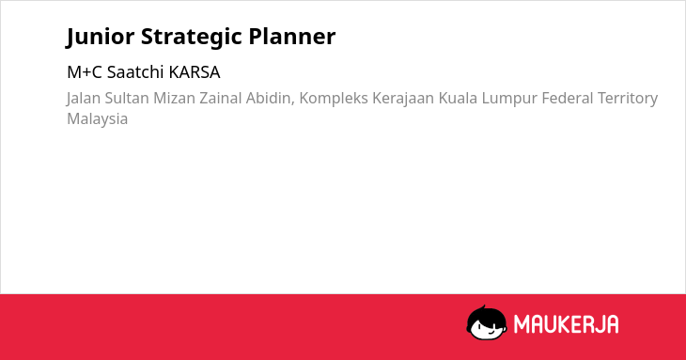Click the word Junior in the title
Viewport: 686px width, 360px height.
tap(101, 37)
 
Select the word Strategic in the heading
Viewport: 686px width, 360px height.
tap(191, 37)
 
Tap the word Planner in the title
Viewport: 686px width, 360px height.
tap(292, 36)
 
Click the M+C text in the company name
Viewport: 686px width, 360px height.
tap(85, 72)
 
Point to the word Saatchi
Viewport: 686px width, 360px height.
tap(135, 72)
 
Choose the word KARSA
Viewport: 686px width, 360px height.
tap(195, 72)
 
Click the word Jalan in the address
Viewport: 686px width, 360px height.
tap(83, 98)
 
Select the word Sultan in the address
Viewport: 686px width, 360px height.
tap(127, 98)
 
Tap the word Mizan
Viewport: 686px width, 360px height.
tap(174, 98)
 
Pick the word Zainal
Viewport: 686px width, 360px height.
tap(220, 98)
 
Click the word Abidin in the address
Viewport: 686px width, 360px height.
tap(270, 99)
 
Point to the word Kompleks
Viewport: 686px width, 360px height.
tap(334, 99)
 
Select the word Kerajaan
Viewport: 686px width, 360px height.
tap(403, 99)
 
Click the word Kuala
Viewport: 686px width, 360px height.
tap(458, 98)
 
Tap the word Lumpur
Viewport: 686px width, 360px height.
tap(509, 99)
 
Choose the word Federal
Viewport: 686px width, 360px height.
tap(567, 98)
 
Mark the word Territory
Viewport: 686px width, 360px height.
tap(628, 99)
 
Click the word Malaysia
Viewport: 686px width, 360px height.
tap(97, 119)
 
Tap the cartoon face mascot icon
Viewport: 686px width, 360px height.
tap(487, 322)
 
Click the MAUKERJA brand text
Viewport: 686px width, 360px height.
tap(566, 324)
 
